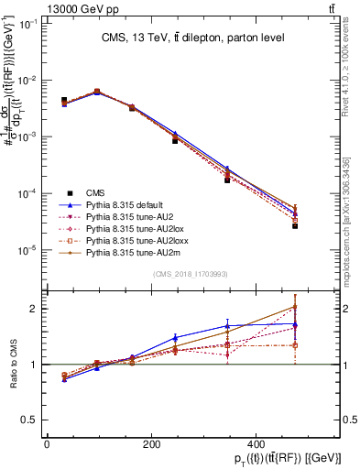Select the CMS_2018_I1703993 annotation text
click(x=191, y=274)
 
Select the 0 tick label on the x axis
click(x=47, y=444)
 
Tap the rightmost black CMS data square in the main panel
click(x=295, y=225)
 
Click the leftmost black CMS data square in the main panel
click(x=64, y=100)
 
